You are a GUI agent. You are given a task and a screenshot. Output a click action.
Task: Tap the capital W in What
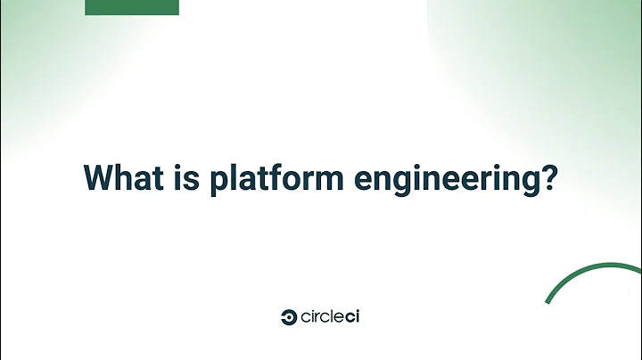click(x=99, y=176)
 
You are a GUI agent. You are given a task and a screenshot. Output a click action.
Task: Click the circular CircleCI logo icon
click(x=288, y=316)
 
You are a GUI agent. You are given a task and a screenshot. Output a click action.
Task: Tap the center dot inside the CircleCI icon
click(x=289, y=316)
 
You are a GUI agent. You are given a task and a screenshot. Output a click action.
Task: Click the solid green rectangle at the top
click(x=132, y=7)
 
